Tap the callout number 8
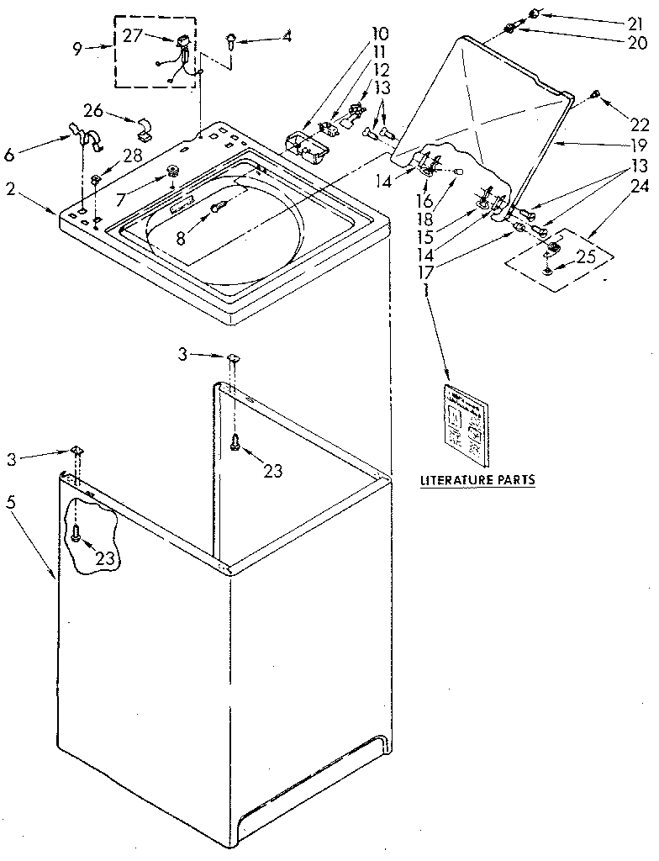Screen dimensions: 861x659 pyautogui.click(x=180, y=237)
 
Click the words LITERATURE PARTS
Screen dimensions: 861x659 pyautogui.click(x=477, y=481)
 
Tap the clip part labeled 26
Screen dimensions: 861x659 pyautogui.click(x=144, y=126)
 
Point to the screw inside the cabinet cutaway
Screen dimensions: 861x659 pyautogui.click(x=77, y=532)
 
